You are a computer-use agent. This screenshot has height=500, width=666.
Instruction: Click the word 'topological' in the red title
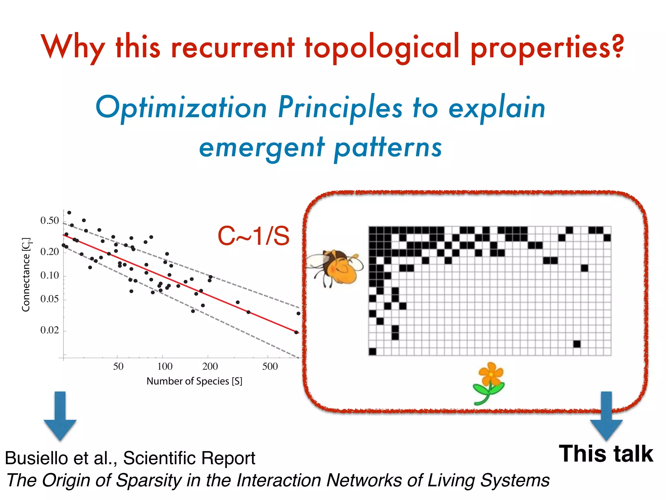click(x=382, y=47)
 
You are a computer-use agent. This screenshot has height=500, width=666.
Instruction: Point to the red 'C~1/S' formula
click(x=253, y=236)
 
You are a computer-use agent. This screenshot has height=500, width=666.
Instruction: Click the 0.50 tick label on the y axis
click(x=49, y=221)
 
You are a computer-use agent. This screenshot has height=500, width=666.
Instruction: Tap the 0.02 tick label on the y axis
click(x=49, y=330)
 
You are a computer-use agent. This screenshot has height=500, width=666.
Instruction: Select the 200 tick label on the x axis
click(x=210, y=367)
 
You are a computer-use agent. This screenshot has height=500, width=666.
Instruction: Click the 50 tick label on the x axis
click(x=118, y=367)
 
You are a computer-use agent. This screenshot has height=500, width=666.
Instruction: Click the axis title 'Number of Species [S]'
click(x=194, y=381)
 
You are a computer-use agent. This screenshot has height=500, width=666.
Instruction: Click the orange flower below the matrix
click(x=489, y=382)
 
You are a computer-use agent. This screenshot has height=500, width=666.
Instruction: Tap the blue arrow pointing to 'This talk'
click(x=606, y=417)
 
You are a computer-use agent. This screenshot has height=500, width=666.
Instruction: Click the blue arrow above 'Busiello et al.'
click(x=60, y=417)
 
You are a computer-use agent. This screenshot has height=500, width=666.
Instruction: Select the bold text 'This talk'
click(x=606, y=454)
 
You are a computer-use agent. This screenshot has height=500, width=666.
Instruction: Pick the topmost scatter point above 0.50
click(x=69, y=213)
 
